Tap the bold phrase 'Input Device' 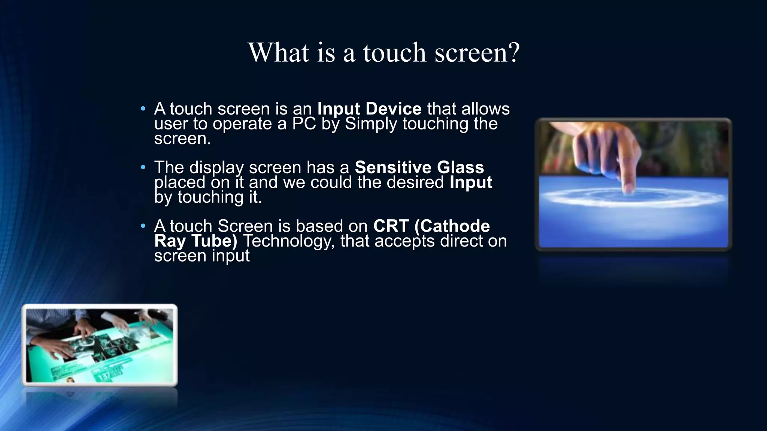pyautogui.click(x=369, y=109)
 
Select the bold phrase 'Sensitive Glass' pyautogui.click(x=419, y=167)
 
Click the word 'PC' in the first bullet pyautogui.click(x=304, y=124)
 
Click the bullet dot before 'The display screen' pyautogui.click(x=143, y=168)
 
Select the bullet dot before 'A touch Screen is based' pyautogui.click(x=143, y=226)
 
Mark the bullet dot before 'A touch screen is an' pyautogui.click(x=143, y=109)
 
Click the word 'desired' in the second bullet pyautogui.click(x=415, y=183)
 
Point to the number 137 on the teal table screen pyautogui.click(x=104, y=375)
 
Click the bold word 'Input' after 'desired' pyautogui.click(x=470, y=183)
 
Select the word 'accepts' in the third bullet pyautogui.click(x=404, y=241)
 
